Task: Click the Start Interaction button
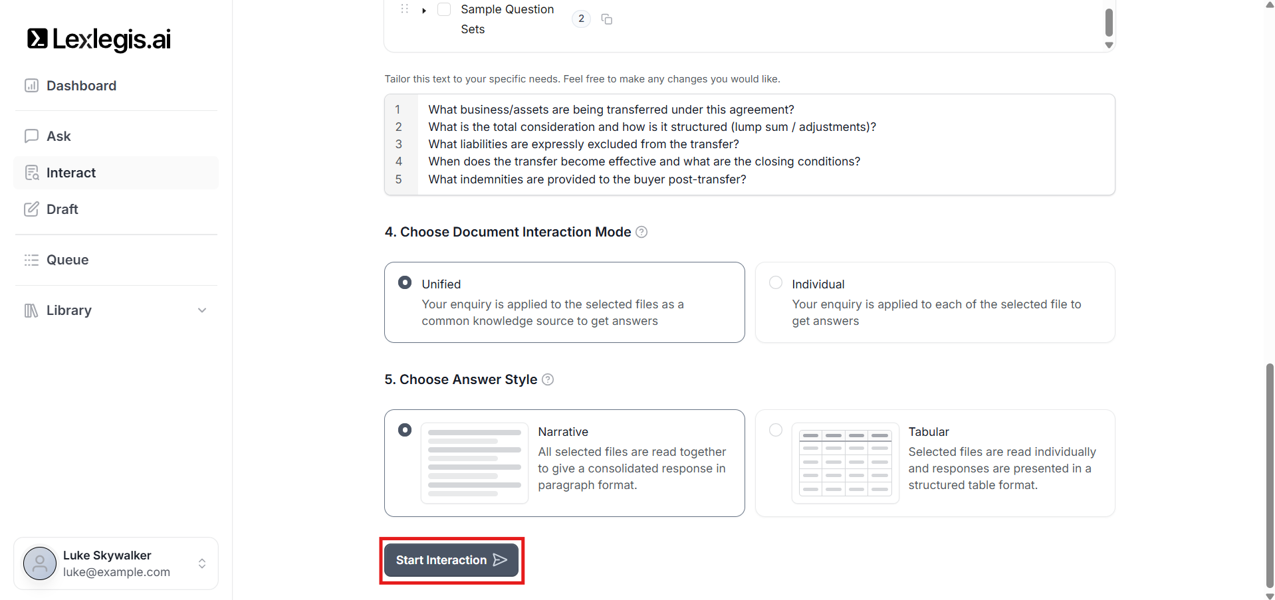pyautogui.click(x=451, y=560)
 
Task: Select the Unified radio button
pyautogui.click(x=405, y=283)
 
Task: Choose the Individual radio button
pyautogui.click(x=775, y=283)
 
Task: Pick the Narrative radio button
pyautogui.click(x=405, y=431)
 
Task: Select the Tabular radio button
pyautogui.click(x=775, y=431)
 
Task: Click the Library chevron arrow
pyautogui.click(x=202, y=310)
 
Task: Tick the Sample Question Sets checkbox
pyautogui.click(x=444, y=9)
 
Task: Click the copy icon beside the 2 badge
pyautogui.click(x=607, y=19)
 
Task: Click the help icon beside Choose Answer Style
pyautogui.click(x=548, y=379)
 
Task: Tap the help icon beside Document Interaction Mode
pyautogui.click(x=641, y=232)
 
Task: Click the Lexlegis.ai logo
pyautogui.click(x=99, y=39)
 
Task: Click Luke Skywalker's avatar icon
pyautogui.click(x=40, y=563)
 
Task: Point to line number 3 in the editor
pyautogui.click(x=399, y=144)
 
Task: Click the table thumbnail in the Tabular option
pyautogui.click(x=845, y=463)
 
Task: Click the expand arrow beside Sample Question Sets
pyautogui.click(x=424, y=11)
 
